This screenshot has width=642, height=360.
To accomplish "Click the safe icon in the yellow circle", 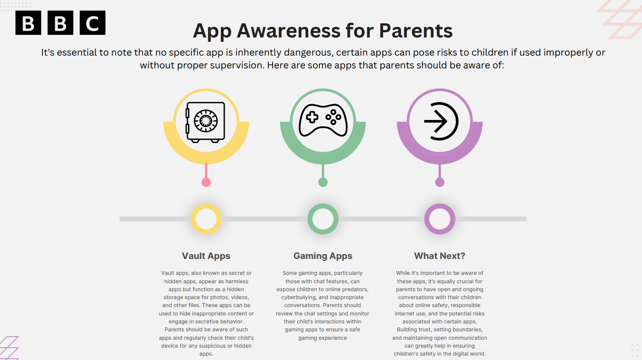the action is click(206, 122).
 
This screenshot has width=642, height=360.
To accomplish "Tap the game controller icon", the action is click(323, 120).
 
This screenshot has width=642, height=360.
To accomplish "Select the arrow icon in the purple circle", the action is click(441, 121).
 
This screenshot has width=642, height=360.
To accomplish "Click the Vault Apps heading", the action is click(206, 256).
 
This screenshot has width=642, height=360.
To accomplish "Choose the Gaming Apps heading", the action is click(323, 256).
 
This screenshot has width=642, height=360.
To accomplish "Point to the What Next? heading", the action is click(439, 256).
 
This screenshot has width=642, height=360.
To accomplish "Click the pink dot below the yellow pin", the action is click(206, 182).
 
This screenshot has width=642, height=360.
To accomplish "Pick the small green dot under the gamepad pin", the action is click(323, 182).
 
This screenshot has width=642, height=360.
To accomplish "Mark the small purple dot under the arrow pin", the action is click(439, 182).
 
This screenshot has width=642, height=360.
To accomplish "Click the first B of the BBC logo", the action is click(28, 23).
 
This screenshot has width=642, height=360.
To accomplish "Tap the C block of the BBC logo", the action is click(92, 23).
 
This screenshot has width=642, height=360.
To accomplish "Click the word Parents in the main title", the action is click(416, 30).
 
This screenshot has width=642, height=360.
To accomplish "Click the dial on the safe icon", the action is click(206, 121).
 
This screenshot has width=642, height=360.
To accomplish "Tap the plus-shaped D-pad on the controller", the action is click(312, 117).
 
